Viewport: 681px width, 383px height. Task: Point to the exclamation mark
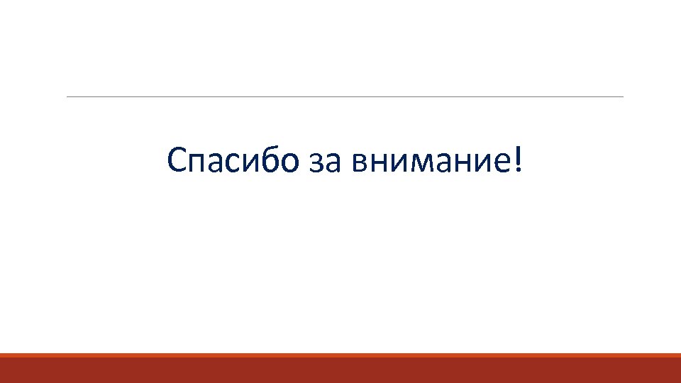pos(523,161)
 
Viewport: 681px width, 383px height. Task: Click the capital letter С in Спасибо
pos(177,162)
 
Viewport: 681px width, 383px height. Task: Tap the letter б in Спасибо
pos(272,162)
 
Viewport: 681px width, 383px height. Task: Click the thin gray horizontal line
pos(345,96)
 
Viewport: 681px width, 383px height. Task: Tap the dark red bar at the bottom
pos(340,370)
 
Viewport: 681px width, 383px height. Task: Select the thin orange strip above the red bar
pos(340,355)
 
